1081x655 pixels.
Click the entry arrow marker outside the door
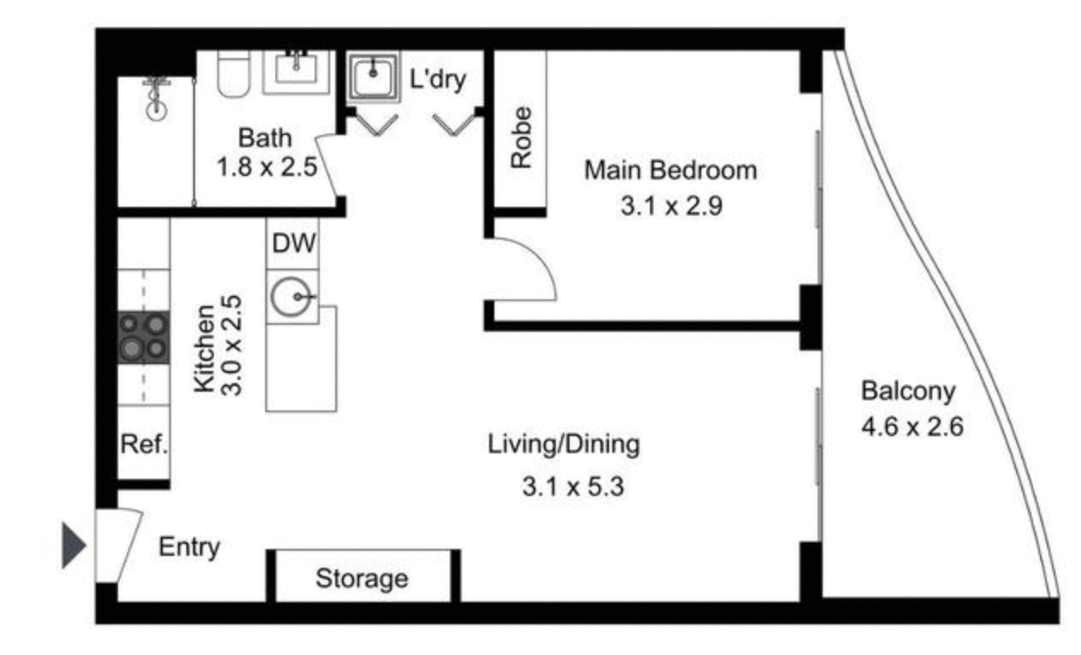pos(74,546)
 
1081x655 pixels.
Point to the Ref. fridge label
pos(143,445)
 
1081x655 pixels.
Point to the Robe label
pos(521,137)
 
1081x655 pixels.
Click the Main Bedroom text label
pos(670,170)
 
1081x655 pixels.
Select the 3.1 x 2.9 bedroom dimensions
pos(671,205)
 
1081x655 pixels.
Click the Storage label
pos(362,579)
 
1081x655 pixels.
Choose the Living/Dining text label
pos(564,445)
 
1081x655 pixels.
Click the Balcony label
pos(907,392)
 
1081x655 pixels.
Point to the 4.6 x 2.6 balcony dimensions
pos(913,425)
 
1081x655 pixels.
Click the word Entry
pos(189,547)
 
